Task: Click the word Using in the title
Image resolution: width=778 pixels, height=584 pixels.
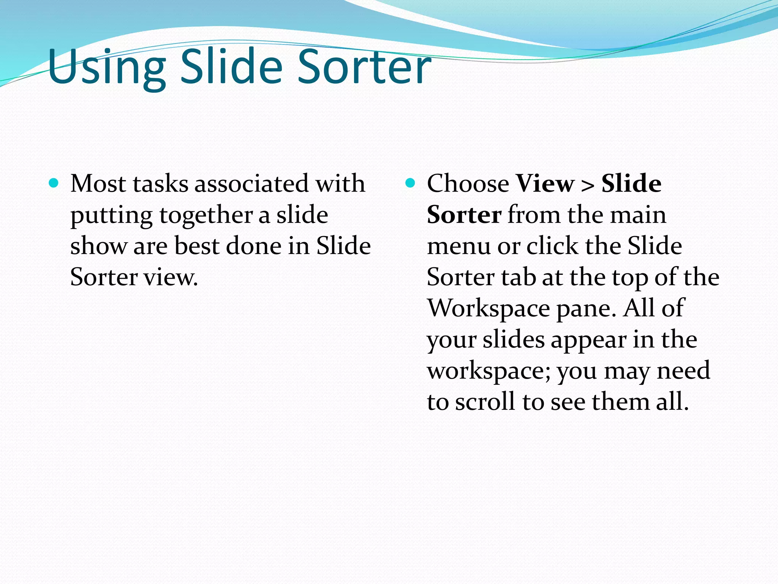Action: click(106, 68)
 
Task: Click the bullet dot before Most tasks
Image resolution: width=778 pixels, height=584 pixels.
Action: click(54, 184)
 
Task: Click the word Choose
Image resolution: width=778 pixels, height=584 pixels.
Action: click(468, 184)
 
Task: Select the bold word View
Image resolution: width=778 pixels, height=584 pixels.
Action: click(545, 184)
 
